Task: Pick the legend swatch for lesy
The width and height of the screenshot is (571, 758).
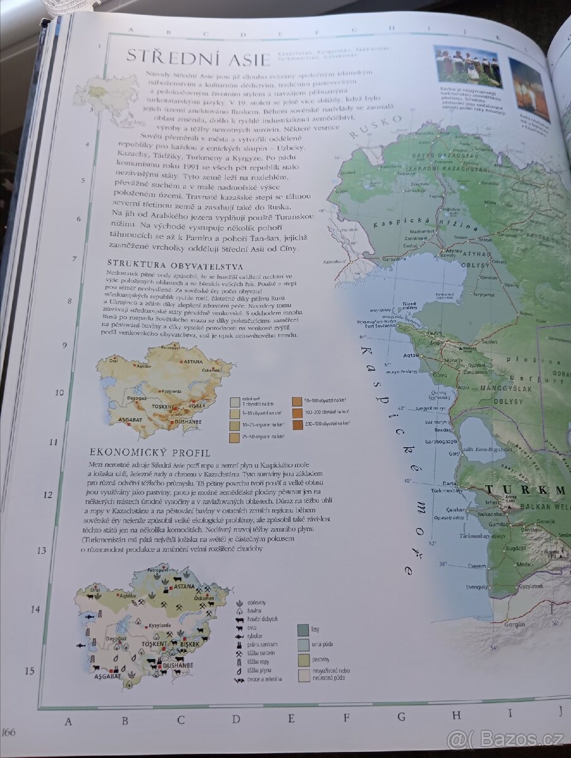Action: click(303, 630)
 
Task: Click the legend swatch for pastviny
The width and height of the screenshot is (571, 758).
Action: click(303, 660)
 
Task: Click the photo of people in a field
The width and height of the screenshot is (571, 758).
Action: click(467, 65)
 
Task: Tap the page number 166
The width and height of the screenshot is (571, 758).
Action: click(9, 732)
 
